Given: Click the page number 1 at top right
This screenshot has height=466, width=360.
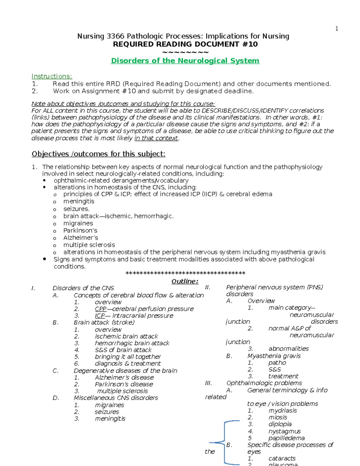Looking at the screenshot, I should (337, 29).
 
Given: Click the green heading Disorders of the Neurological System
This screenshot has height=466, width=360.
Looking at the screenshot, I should (185, 61).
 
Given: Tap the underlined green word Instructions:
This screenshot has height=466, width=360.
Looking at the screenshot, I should (52, 76).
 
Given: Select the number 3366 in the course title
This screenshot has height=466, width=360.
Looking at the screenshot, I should (115, 36).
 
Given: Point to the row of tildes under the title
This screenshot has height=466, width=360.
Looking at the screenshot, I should (185, 53).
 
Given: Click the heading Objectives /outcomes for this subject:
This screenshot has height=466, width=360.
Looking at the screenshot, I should (98, 154).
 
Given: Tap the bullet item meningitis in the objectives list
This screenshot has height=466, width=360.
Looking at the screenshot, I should (79, 201).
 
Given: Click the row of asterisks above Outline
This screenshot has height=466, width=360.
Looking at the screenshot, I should (185, 273).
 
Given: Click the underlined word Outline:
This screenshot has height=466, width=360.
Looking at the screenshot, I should (185, 281).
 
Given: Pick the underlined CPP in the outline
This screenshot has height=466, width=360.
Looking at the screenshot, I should (100, 309).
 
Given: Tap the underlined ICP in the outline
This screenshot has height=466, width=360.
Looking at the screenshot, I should (100, 316).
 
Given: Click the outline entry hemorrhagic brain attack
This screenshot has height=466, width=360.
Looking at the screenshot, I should (132, 343).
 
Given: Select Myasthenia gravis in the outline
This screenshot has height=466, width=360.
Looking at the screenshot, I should (274, 356).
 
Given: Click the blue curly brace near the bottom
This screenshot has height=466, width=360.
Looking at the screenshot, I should (225, 442).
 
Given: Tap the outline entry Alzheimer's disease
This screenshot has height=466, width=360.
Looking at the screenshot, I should (124, 377).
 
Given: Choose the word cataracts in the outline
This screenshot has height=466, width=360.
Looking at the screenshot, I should (282, 458).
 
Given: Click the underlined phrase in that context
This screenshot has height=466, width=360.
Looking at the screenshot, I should (156, 138).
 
